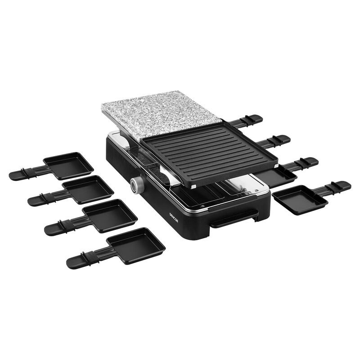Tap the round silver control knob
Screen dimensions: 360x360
tap(136, 184)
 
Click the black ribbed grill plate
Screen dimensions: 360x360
tap(209, 151)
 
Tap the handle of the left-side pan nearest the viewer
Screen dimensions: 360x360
tap(85, 258)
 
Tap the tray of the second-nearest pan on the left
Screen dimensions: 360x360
tap(110, 215)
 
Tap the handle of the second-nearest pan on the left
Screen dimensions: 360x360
tap(63, 226)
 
